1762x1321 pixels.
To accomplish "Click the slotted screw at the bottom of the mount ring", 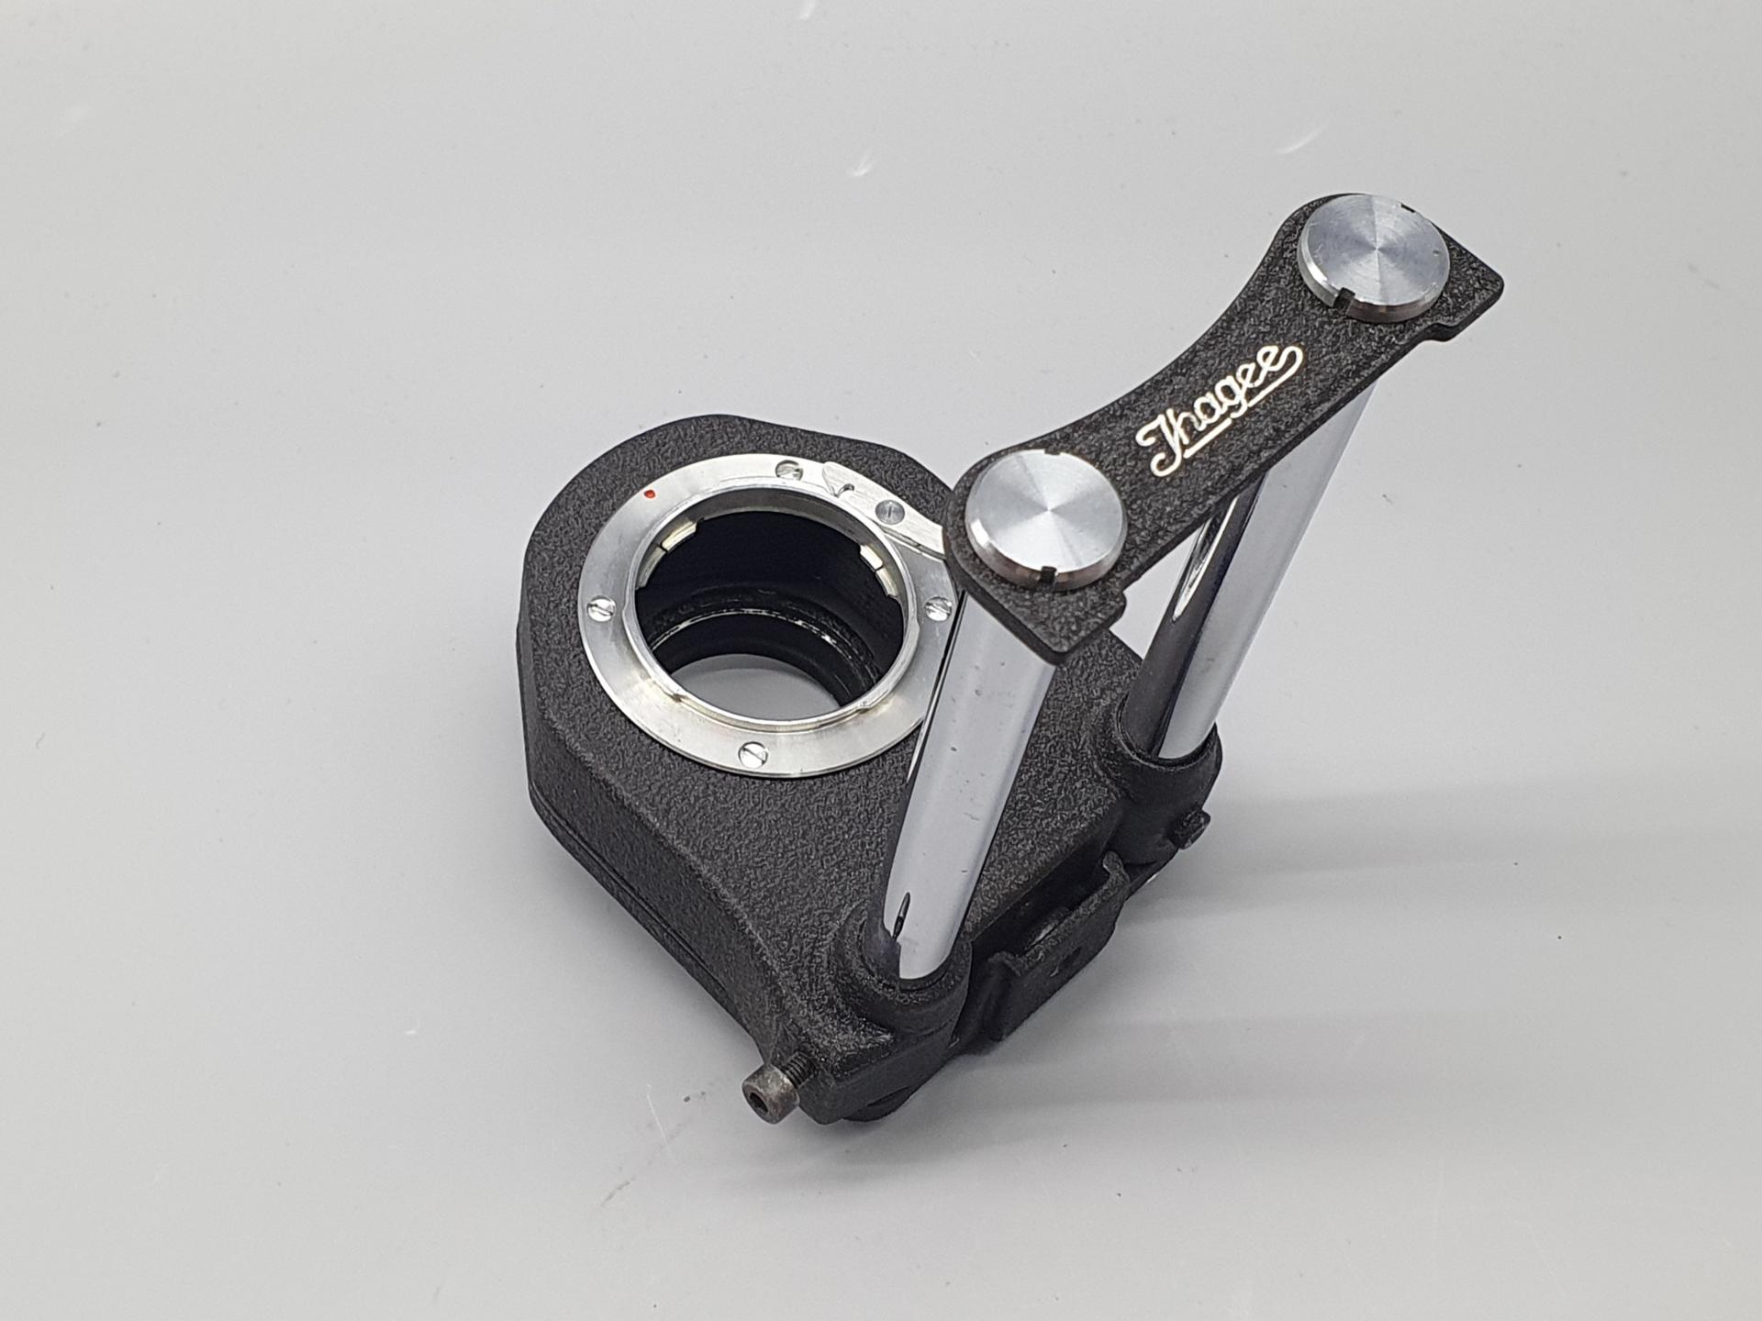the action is pyautogui.click(x=752, y=755).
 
